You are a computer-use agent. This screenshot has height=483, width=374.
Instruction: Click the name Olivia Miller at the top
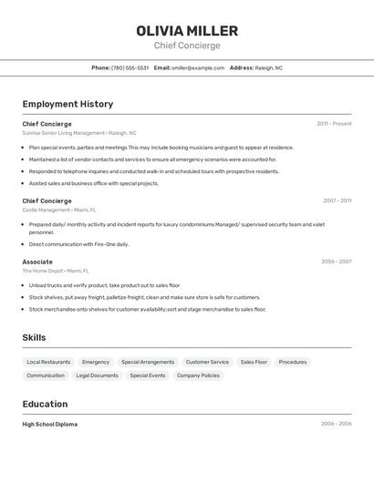click(x=187, y=31)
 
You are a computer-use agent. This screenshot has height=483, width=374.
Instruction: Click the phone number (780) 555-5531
click(x=130, y=67)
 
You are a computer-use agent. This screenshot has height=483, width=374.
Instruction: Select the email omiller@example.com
click(x=198, y=67)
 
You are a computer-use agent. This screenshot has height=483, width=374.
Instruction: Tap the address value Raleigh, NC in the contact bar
click(x=269, y=67)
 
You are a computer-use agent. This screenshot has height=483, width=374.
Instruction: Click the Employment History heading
click(x=68, y=104)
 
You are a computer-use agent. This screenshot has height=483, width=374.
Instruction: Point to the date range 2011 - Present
click(x=334, y=124)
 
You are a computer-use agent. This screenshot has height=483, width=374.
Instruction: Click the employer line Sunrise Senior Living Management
click(x=64, y=133)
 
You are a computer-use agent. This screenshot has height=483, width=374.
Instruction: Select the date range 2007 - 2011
click(x=337, y=200)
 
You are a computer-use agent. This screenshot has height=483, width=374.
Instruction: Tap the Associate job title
click(x=37, y=262)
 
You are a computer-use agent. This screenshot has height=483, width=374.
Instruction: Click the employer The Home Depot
click(x=43, y=271)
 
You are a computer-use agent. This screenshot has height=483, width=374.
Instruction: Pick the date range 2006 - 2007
click(x=336, y=262)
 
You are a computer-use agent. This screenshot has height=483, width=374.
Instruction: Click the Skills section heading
click(x=34, y=337)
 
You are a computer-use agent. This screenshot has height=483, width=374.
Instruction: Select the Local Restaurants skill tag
click(x=48, y=362)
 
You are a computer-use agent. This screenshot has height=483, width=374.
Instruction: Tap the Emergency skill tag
click(x=96, y=362)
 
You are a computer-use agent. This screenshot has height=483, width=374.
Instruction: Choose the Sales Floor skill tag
click(x=254, y=362)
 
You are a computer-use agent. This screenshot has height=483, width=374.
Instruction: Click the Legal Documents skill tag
click(x=97, y=375)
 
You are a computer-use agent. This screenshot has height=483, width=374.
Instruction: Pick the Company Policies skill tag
click(x=198, y=375)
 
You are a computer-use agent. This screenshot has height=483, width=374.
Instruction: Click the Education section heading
click(x=45, y=404)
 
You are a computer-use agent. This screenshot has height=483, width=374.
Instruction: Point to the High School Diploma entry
click(x=50, y=424)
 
